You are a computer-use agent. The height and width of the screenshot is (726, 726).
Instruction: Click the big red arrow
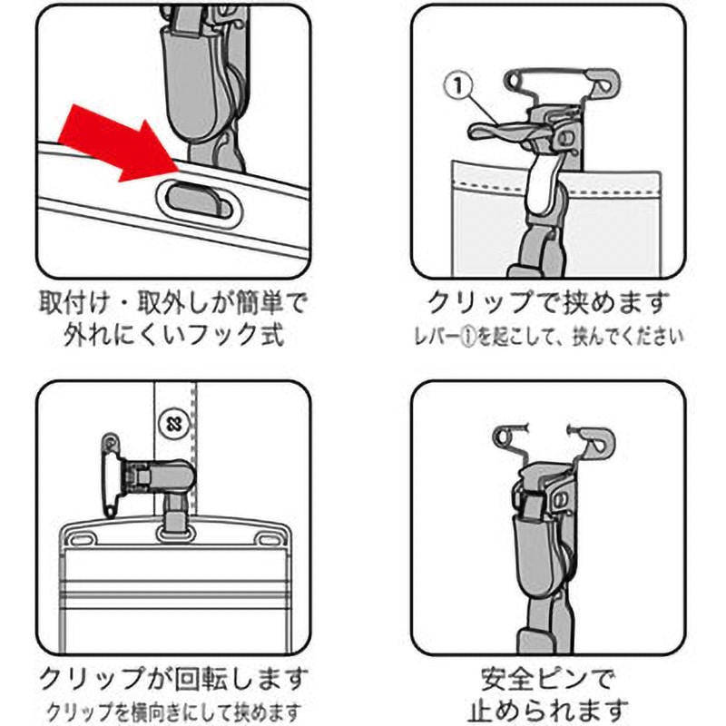[x=121, y=143]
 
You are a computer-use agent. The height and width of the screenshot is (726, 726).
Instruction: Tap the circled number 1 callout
[x=458, y=85]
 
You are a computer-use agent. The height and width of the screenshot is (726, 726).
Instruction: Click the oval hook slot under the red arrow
[x=199, y=203]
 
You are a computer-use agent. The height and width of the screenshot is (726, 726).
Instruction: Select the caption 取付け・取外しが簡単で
[x=173, y=303]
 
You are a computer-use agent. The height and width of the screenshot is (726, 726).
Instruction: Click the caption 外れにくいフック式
[x=173, y=334]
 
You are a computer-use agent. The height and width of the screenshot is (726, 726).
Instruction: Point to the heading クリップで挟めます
[x=548, y=303]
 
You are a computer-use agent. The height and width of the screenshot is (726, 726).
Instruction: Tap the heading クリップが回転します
[x=173, y=679]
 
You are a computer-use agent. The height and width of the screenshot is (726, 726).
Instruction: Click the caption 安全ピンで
[x=548, y=679]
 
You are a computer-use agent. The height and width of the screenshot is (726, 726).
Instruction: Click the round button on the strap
[x=173, y=423]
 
